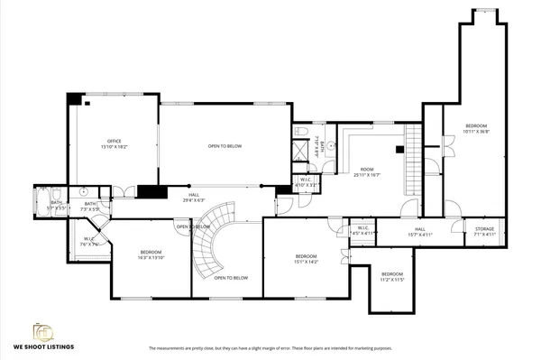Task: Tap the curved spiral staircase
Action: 212,239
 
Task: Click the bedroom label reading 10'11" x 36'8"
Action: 475,128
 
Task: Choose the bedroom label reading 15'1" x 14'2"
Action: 306,259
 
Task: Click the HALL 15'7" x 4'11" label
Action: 420,232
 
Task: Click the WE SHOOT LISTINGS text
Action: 43,346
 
